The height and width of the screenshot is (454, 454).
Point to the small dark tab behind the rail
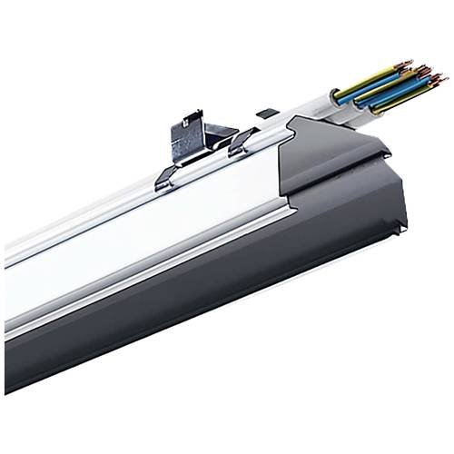tap(266, 114)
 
